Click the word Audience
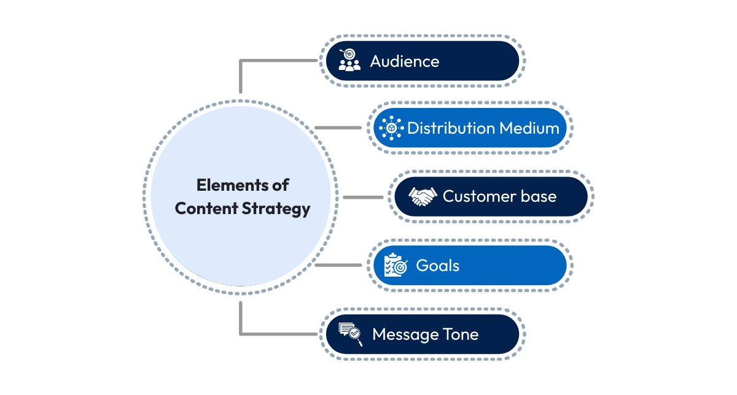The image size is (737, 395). (404, 61)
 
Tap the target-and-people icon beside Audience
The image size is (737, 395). (349, 61)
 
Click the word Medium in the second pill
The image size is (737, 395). (529, 128)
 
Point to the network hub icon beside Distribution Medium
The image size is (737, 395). (391, 128)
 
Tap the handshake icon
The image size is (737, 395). (423, 197)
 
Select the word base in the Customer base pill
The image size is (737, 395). (540, 196)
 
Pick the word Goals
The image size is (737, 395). (437, 266)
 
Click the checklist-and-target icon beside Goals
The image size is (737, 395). (395, 266)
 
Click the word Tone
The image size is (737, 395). (460, 334)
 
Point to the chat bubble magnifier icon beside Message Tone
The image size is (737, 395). (351, 334)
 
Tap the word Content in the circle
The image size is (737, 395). (206, 208)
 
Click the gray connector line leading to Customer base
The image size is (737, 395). (363, 197)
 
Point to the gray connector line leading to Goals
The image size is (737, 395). (338, 265)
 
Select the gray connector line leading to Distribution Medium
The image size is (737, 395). (338, 128)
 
